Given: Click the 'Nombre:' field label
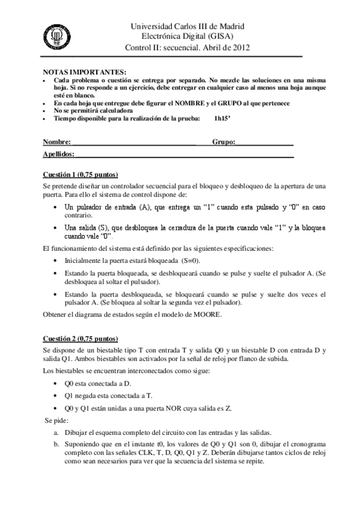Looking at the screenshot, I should pos(56,143).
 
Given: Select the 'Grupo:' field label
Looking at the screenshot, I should pos(224,143).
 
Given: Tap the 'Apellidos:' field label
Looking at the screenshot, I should pos(58,155).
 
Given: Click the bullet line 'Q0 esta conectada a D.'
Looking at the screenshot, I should pos(98,382).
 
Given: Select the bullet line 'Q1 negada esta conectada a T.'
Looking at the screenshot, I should pos(110,395).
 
